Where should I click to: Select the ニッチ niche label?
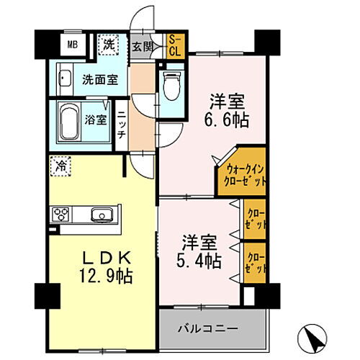pyautogui.click(x=122, y=123)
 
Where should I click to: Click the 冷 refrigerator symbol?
pyautogui.click(x=60, y=167)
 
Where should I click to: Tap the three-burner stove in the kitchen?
pyautogui.click(x=60, y=214)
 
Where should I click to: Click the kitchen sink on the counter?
pyautogui.click(x=100, y=214)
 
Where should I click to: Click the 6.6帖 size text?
pyautogui.click(x=229, y=120)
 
